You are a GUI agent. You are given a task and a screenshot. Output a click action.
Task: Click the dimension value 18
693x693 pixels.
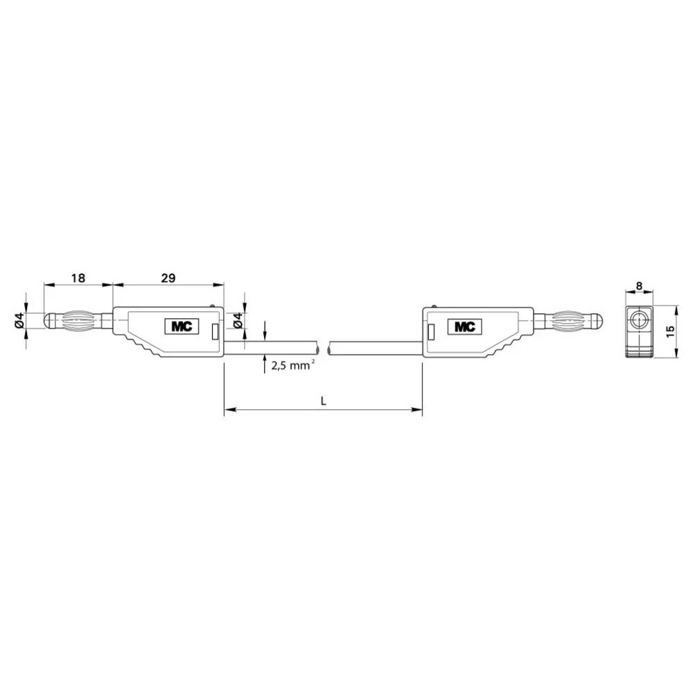coord(78,278)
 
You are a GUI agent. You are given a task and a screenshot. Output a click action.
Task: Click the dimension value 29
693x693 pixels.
coord(168,278)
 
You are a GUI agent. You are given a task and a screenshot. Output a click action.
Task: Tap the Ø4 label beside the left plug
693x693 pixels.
coord(20,321)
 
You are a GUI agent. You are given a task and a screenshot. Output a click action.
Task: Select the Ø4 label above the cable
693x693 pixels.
coord(238,320)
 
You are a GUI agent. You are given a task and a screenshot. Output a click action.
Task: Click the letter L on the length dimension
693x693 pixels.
coord(323,401)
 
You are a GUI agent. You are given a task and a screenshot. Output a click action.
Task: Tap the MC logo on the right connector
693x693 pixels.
coord(465,326)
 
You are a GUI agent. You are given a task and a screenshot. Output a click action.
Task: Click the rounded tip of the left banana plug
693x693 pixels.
coord(49,322)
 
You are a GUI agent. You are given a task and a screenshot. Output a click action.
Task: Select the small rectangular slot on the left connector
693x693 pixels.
coord(215,332)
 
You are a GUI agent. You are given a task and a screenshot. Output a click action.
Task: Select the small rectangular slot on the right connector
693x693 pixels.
coord(431,332)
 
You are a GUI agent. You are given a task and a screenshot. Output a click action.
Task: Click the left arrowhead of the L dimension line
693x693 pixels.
coord(227,411)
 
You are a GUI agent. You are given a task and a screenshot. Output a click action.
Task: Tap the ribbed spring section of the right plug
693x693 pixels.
coord(568,322)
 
